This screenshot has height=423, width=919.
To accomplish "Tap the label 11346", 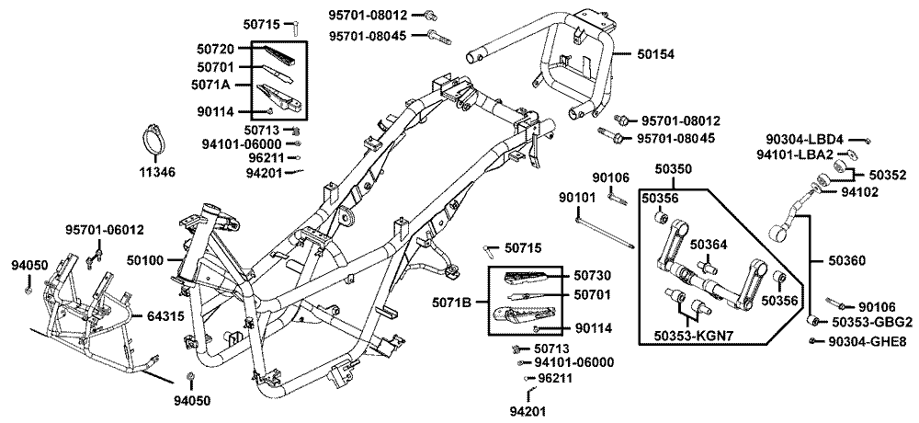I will pyautogui.click(x=157, y=172).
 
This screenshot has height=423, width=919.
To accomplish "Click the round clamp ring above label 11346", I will pyautogui.click(x=157, y=142).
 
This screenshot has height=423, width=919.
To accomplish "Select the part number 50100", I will pyautogui.click(x=145, y=262).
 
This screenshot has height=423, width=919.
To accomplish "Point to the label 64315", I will pyautogui.click(x=165, y=315).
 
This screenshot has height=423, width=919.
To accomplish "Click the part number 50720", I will pyautogui.click(x=215, y=48).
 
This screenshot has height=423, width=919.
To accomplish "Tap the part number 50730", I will pyautogui.click(x=593, y=276).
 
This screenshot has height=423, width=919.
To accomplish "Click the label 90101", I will pyautogui.click(x=578, y=197).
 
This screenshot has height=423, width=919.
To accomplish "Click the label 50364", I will pyautogui.click(x=709, y=244).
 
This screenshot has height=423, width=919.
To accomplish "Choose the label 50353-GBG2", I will pyautogui.click(x=872, y=322).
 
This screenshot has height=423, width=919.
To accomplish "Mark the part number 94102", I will pyautogui.click(x=860, y=192).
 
